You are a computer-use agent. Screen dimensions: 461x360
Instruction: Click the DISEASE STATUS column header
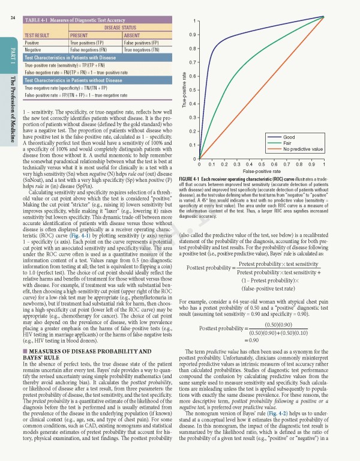pos(118,28)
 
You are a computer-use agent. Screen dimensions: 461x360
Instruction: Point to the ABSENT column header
pos(133,35)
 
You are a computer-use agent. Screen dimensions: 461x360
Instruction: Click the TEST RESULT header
pos(39,35)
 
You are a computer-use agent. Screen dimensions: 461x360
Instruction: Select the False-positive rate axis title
pos(261,171)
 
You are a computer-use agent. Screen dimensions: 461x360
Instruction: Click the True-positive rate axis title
pos(184,90)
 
